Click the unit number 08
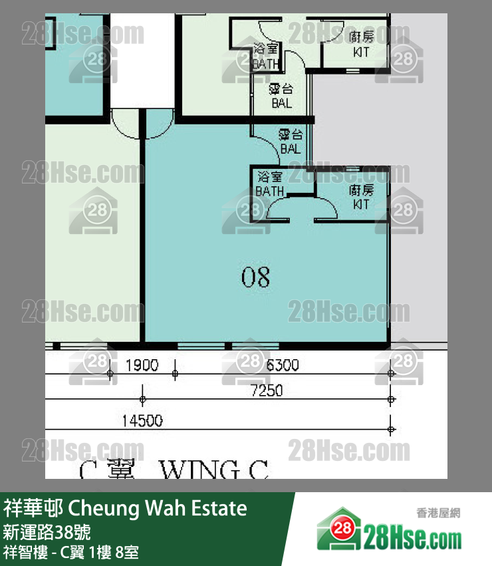(x=256, y=276)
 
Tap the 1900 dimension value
(x=142, y=364)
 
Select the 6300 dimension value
(x=282, y=364)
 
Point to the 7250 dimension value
(x=266, y=390)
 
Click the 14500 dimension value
(x=142, y=420)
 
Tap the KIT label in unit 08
(x=361, y=197)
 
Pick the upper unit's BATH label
(x=266, y=57)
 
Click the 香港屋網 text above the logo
(x=438, y=512)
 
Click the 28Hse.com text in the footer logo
(x=412, y=535)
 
